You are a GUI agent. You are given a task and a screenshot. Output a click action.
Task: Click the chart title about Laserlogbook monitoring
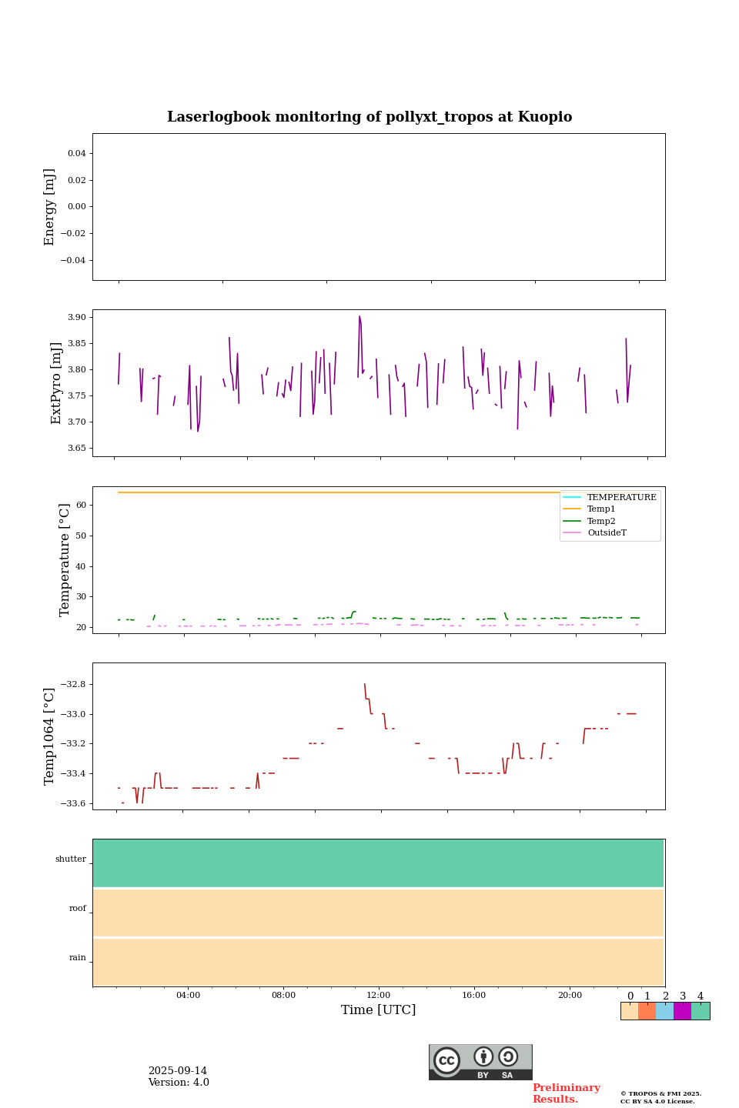click(x=369, y=117)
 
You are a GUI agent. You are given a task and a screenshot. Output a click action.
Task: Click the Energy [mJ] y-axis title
click(x=50, y=207)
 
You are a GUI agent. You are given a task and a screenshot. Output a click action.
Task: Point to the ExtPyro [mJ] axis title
click(x=56, y=383)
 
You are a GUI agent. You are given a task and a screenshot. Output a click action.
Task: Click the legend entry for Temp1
click(x=601, y=509)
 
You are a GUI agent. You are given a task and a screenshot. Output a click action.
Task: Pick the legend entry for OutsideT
click(x=607, y=533)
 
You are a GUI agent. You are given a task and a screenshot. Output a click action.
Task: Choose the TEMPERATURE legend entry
click(x=621, y=498)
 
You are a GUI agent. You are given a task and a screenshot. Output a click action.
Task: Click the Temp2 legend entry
click(x=601, y=522)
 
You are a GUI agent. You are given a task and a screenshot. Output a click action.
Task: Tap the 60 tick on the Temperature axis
click(x=80, y=506)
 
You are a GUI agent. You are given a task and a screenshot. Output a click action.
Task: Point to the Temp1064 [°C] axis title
click(x=50, y=736)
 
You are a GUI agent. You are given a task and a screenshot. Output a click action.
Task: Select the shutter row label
click(x=71, y=859)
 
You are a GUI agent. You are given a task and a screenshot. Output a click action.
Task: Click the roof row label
click(x=78, y=909)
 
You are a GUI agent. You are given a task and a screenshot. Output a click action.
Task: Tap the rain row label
click(x=78, y=958)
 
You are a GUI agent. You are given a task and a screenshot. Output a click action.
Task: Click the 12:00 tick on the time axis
click(x=379, y=996)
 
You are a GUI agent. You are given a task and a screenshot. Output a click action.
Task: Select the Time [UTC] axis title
click(x=379, y=1010)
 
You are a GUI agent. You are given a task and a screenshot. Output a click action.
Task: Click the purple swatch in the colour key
click(x=682, y=1011)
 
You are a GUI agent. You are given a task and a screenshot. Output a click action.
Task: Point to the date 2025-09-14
click(x=178, y=1071)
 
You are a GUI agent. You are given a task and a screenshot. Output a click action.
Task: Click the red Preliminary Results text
click(x=566, y=1093)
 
